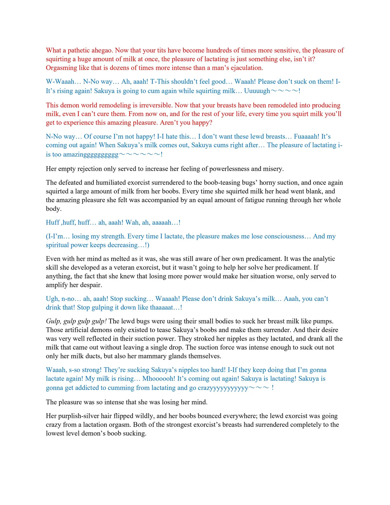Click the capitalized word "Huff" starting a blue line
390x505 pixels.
coord(52,223)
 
